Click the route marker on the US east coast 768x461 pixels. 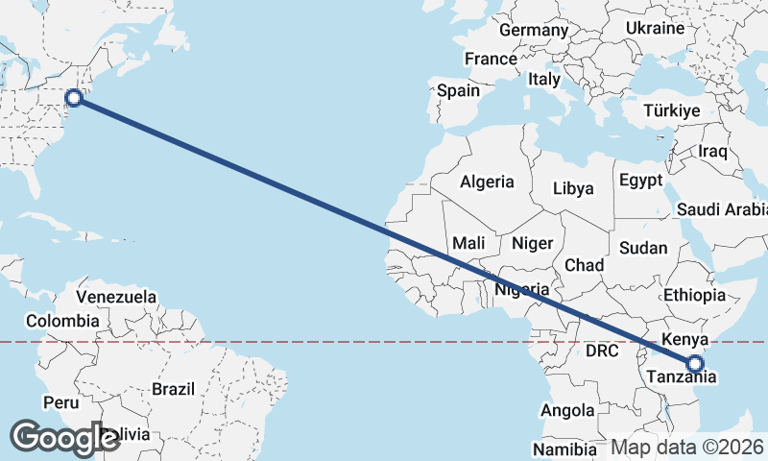(74, 96)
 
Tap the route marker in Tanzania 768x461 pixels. (695, 363)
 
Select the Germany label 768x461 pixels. (534, 30)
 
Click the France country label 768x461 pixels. (491, 59)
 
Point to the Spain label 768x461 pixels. (458, 91)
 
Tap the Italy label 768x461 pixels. (544, 79)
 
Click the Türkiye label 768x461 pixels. (672, 111)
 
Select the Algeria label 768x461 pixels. (488, 182)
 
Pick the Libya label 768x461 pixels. (574, 189)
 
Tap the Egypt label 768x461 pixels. (640, 180)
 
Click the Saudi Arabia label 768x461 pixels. (722, 209)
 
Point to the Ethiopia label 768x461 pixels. (694, 295)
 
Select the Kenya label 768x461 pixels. (684, 339)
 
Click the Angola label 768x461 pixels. (567, 411)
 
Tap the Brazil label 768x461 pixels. (174, 389)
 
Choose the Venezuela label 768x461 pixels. (116, 297)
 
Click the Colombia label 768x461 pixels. (62, 321)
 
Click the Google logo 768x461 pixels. (64, 437)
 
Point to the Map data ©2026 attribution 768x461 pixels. (687, 447)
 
